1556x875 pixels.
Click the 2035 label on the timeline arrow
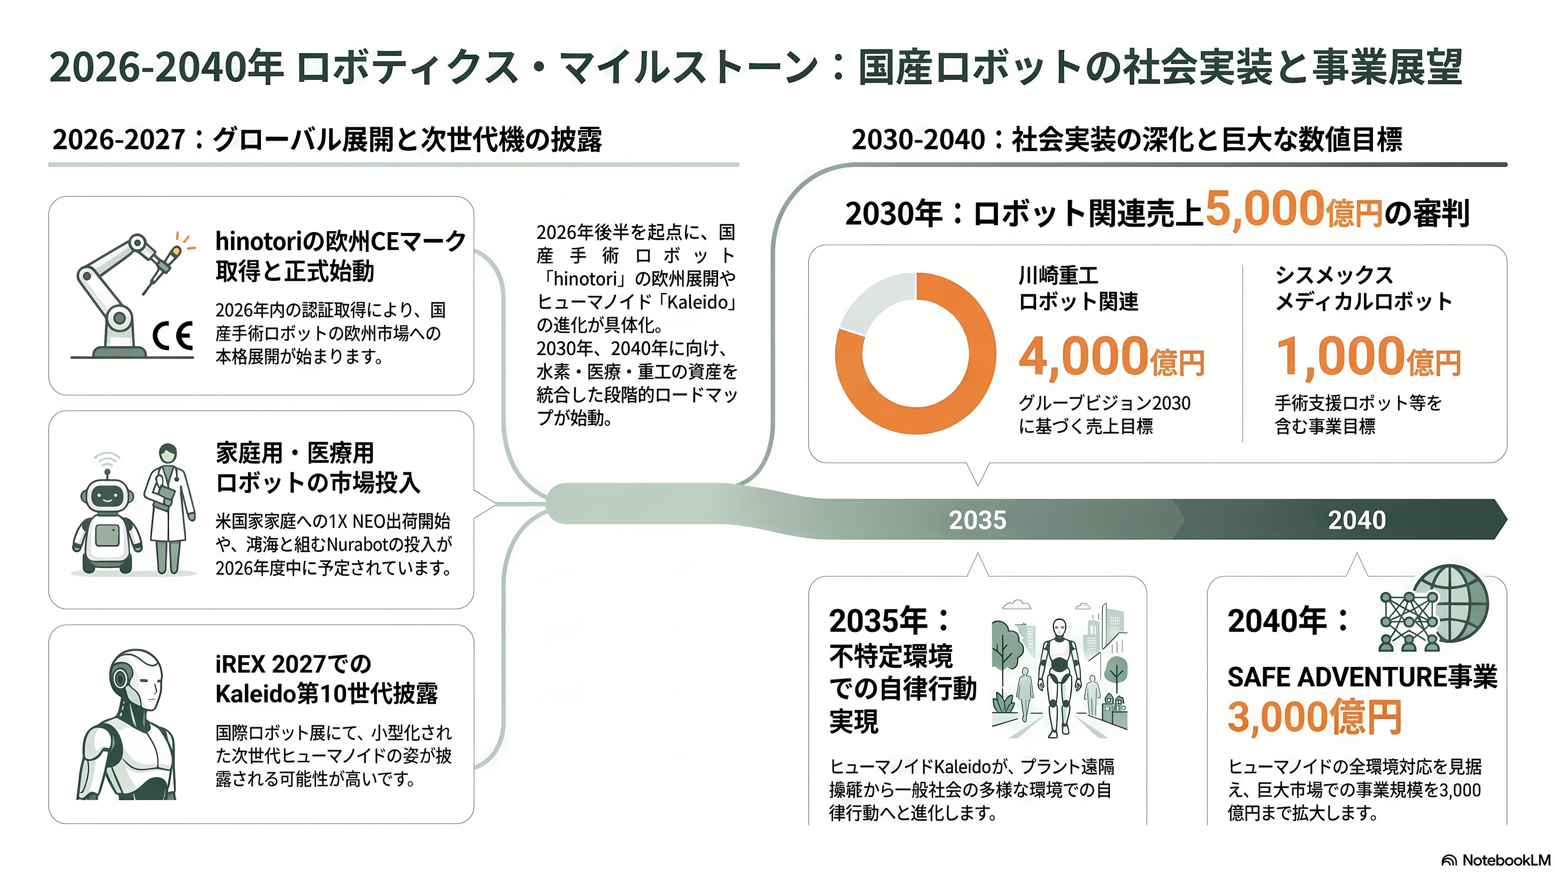977,520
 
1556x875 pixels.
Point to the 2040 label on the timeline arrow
1357,520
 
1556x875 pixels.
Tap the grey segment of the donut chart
873,299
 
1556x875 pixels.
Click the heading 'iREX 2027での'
293,664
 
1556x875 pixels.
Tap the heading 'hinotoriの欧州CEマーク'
341,241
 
